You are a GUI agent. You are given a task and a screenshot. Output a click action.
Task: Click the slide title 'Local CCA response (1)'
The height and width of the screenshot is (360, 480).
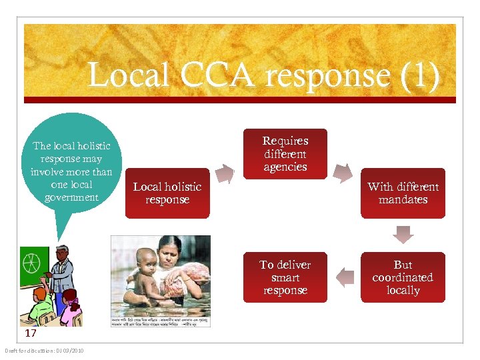(x=263, y=75)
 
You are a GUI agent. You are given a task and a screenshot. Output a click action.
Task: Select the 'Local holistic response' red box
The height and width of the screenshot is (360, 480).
(x=167, y=193)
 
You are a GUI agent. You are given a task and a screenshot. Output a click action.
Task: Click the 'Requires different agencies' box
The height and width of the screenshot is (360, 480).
(x=285, y=154)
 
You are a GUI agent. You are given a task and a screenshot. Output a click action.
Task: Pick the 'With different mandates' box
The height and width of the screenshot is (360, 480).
(x=403, y=193)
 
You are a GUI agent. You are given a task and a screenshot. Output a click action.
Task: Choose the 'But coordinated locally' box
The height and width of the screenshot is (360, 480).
(x=403, y=277)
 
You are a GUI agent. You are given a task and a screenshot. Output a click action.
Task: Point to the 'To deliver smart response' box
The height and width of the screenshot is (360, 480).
(x=285, y=277)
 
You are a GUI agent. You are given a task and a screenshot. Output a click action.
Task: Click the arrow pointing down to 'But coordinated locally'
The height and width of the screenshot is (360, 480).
(x=403, y=235)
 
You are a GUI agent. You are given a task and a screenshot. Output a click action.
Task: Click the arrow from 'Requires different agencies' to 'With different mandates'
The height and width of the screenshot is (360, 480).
(x=343, y=172)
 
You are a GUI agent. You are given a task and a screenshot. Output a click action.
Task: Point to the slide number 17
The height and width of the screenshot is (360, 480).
(x=31, y=333)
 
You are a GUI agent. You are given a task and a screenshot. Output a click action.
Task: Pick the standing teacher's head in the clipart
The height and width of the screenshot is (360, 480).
(x=61, y=254)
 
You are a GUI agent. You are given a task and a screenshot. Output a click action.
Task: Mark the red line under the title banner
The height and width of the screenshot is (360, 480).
(x=240, y=100)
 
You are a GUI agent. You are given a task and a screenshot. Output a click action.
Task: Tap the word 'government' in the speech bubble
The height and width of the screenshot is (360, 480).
(x=71, y=197)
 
